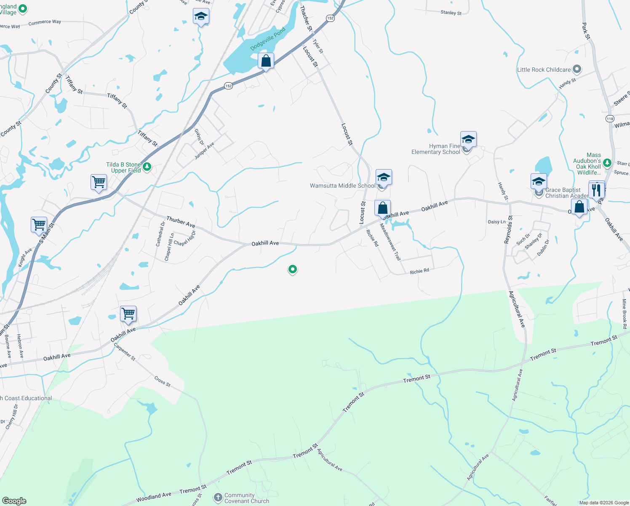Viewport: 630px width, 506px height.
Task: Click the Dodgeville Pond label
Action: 268,39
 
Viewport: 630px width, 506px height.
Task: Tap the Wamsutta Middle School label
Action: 342,186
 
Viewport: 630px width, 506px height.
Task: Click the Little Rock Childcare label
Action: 544,70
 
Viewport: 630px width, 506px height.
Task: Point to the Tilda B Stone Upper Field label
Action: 123,167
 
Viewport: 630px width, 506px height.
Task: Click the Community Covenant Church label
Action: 246,498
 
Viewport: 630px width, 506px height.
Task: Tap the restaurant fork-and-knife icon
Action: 596,189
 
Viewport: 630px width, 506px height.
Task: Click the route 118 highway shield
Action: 610,119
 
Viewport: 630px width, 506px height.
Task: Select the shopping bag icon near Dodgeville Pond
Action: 266,61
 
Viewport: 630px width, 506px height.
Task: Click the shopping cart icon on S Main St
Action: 39,224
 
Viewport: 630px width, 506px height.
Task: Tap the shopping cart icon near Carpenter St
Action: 128,314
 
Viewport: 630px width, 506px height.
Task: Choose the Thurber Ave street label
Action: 181,222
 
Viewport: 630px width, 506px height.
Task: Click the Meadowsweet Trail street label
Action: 390,242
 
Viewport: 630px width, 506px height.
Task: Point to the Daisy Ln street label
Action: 497,222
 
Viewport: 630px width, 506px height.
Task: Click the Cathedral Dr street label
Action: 160,234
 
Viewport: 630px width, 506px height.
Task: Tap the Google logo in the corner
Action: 14,501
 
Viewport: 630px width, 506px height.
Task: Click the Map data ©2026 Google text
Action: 604,503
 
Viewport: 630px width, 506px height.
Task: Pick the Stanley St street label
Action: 451,13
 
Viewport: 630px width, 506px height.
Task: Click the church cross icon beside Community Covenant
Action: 218,498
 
